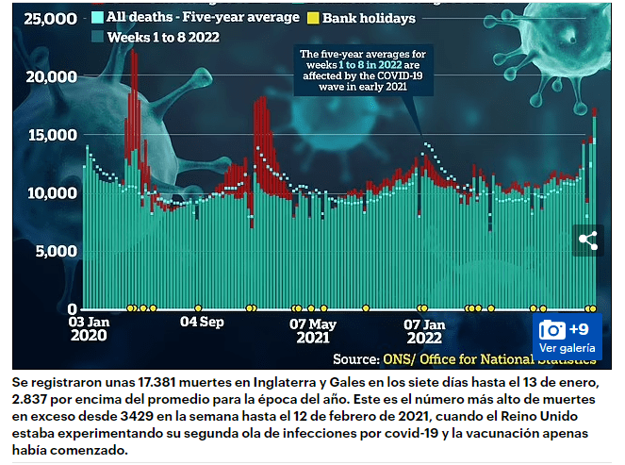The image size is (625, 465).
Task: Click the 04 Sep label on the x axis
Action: [x=201, y=322]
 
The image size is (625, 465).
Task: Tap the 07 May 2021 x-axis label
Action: [x=311, y=328]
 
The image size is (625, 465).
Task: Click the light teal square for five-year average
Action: [x=97, y=18]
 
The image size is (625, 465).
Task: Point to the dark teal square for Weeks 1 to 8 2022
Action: [x=97, y=37]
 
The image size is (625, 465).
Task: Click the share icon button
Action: [x=587, y=240]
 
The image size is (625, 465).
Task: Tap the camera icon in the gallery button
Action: [x=552, y=329]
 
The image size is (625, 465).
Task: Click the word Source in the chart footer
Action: [x=355, y=358]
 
